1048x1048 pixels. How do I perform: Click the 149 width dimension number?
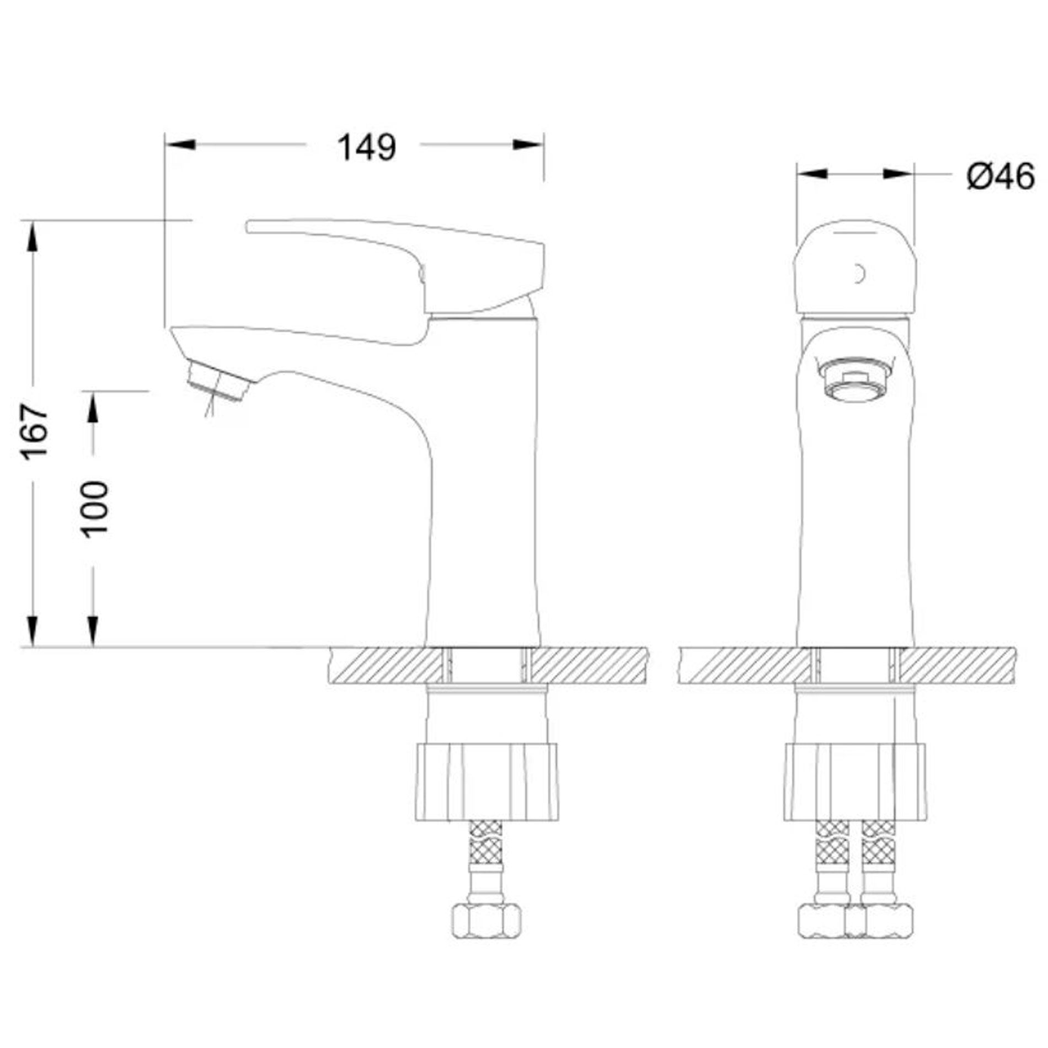pyautogui.click(x=367, y=147)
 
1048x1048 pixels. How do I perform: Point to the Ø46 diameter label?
pyautogui.click(x=1001, y=178)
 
